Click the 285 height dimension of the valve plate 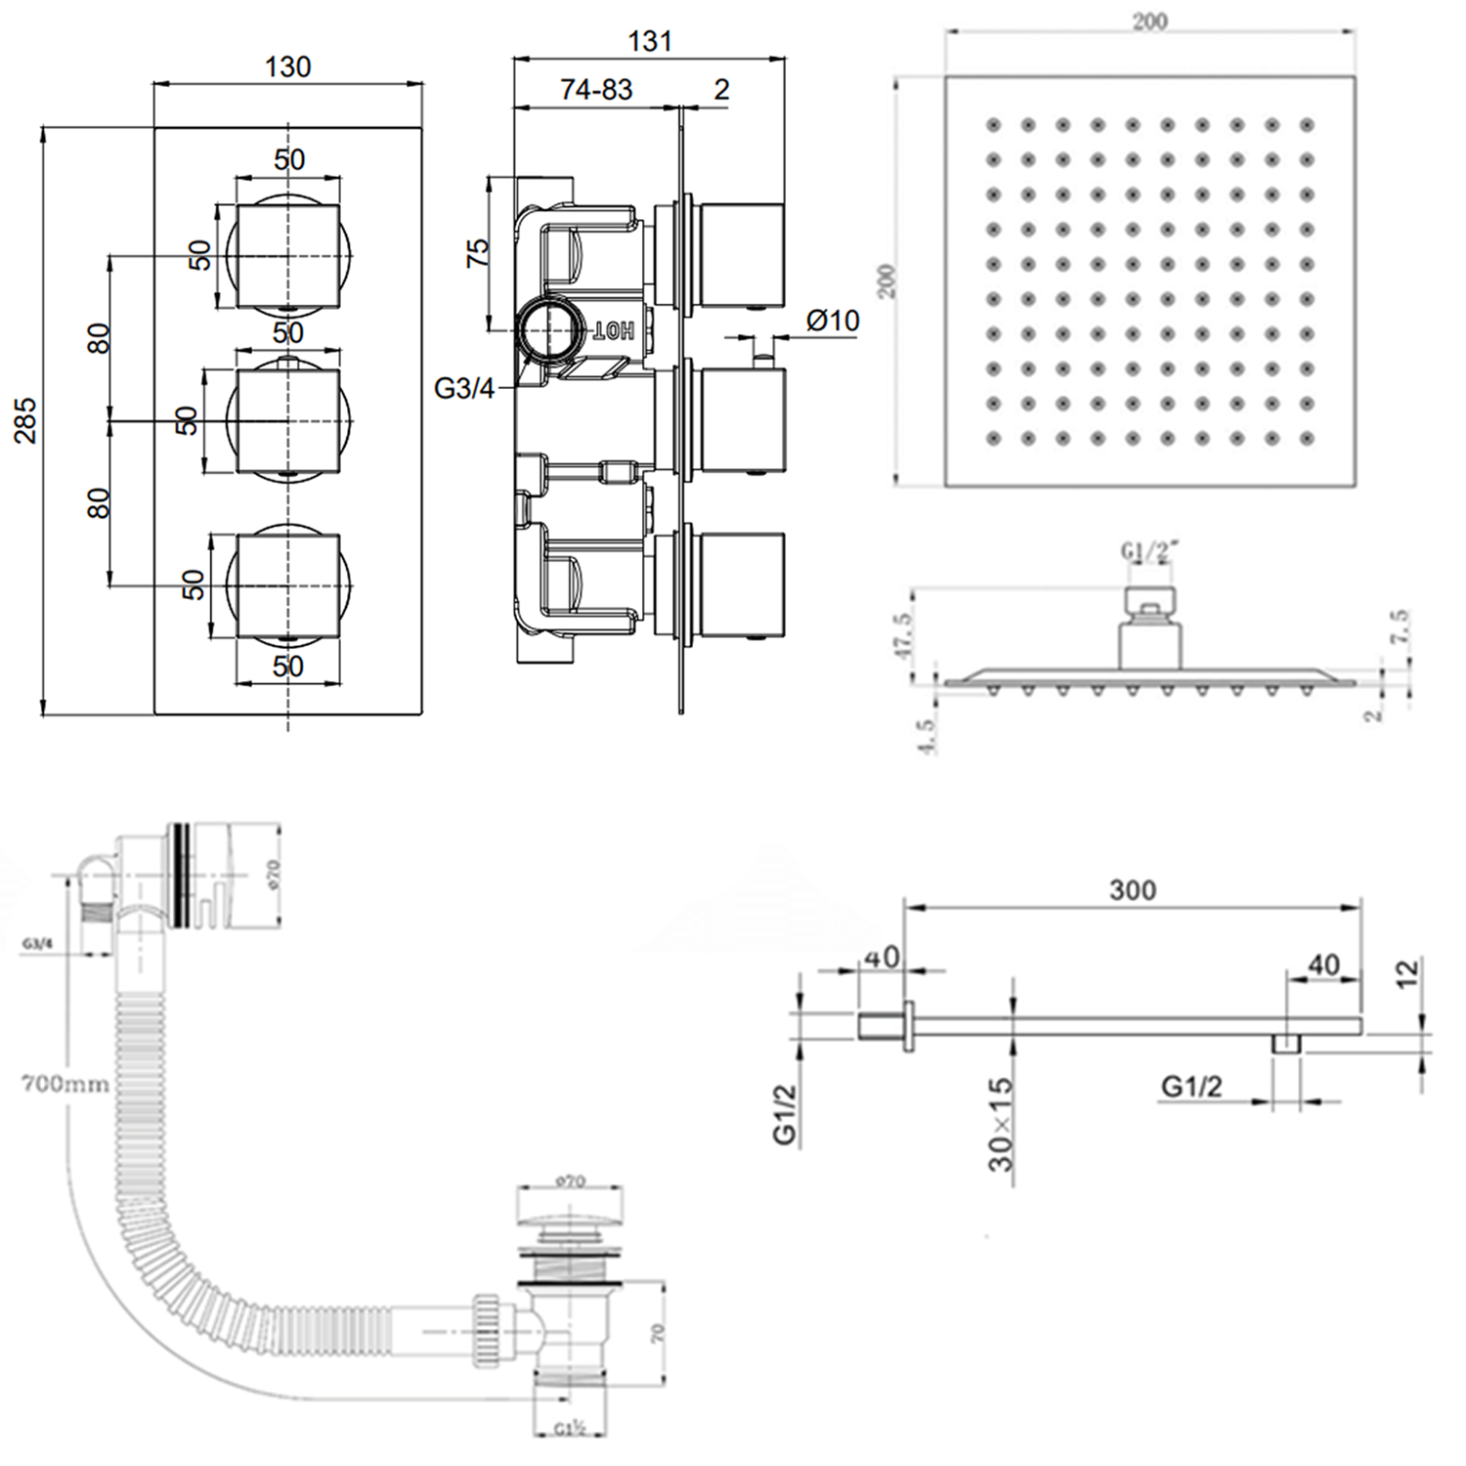coord(25,420)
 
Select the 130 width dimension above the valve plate coord(288,66)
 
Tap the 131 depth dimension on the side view coord(650,41)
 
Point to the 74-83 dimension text coord(596,90)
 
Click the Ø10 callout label coord(833,321)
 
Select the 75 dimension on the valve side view coord(478,253)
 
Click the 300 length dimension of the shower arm coord(1132,890)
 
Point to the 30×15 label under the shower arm coord(1001,1124)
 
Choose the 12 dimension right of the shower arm coord(1407,972)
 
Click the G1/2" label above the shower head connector coord(1149,551)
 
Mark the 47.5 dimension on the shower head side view coord(902,636)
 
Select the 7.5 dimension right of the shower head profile coord(1401,626)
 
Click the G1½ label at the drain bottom coord(570,1429)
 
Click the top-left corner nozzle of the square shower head coord(993,125)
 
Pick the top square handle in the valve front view coord(288,256)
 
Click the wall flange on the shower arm coord(908,1026)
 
